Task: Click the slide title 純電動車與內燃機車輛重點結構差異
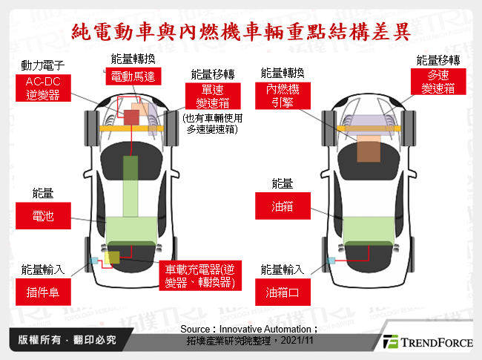pyautogui.click(x=240, y=32)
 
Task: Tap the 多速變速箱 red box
pyautogui.click(x=438, y=82)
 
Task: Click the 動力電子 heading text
pyautogui.click(x=42, y=67)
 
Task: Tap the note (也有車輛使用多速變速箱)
pyautogui.click(x=214, y=122)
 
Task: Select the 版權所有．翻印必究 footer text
pyautogui.click(x=67, y=341)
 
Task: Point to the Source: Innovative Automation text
pyautogui.click(x=248, y=328)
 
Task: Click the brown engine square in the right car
pyautogui.click(x=369, y=150)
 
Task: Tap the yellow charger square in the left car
pyautogui.click(x=112, y=258)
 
